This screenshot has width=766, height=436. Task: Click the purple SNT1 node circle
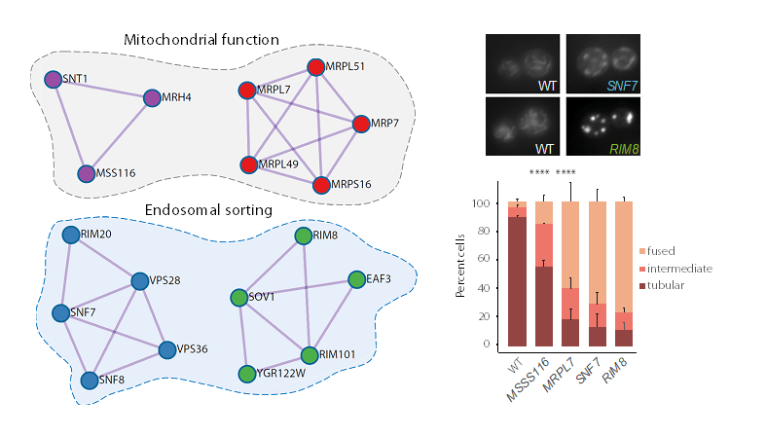click(x=54, y=79)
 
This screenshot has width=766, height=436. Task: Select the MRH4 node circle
click(x=152, y=97)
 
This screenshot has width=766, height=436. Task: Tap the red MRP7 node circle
click(x=361, y=124)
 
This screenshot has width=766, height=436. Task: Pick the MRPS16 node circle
click(x=321, y=184)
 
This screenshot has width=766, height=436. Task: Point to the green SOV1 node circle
click(x=238, y=297)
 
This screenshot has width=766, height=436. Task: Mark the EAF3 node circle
click(x=357, y=279)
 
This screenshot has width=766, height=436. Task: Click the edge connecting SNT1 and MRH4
click(x=102, y=88)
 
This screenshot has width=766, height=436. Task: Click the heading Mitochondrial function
click(x=201, y=41)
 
